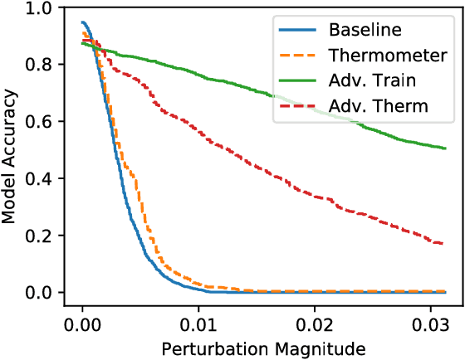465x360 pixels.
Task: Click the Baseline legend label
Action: coord(365,31)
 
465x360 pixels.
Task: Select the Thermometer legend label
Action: coord(384,56)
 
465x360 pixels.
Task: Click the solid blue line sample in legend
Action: coord(296,31)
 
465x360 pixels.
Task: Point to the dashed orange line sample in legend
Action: coord(296,56)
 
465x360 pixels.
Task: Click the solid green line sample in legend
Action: coord(296,82)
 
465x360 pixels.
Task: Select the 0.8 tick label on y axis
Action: coord(37,65)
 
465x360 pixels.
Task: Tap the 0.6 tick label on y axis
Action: coord(37,122)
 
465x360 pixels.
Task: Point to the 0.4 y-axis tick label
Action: coord(37,179)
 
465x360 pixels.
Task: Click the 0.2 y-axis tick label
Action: coord(37,236)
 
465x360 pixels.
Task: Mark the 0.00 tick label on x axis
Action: coord(82,322)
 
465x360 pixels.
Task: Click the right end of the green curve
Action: coord(445,148)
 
